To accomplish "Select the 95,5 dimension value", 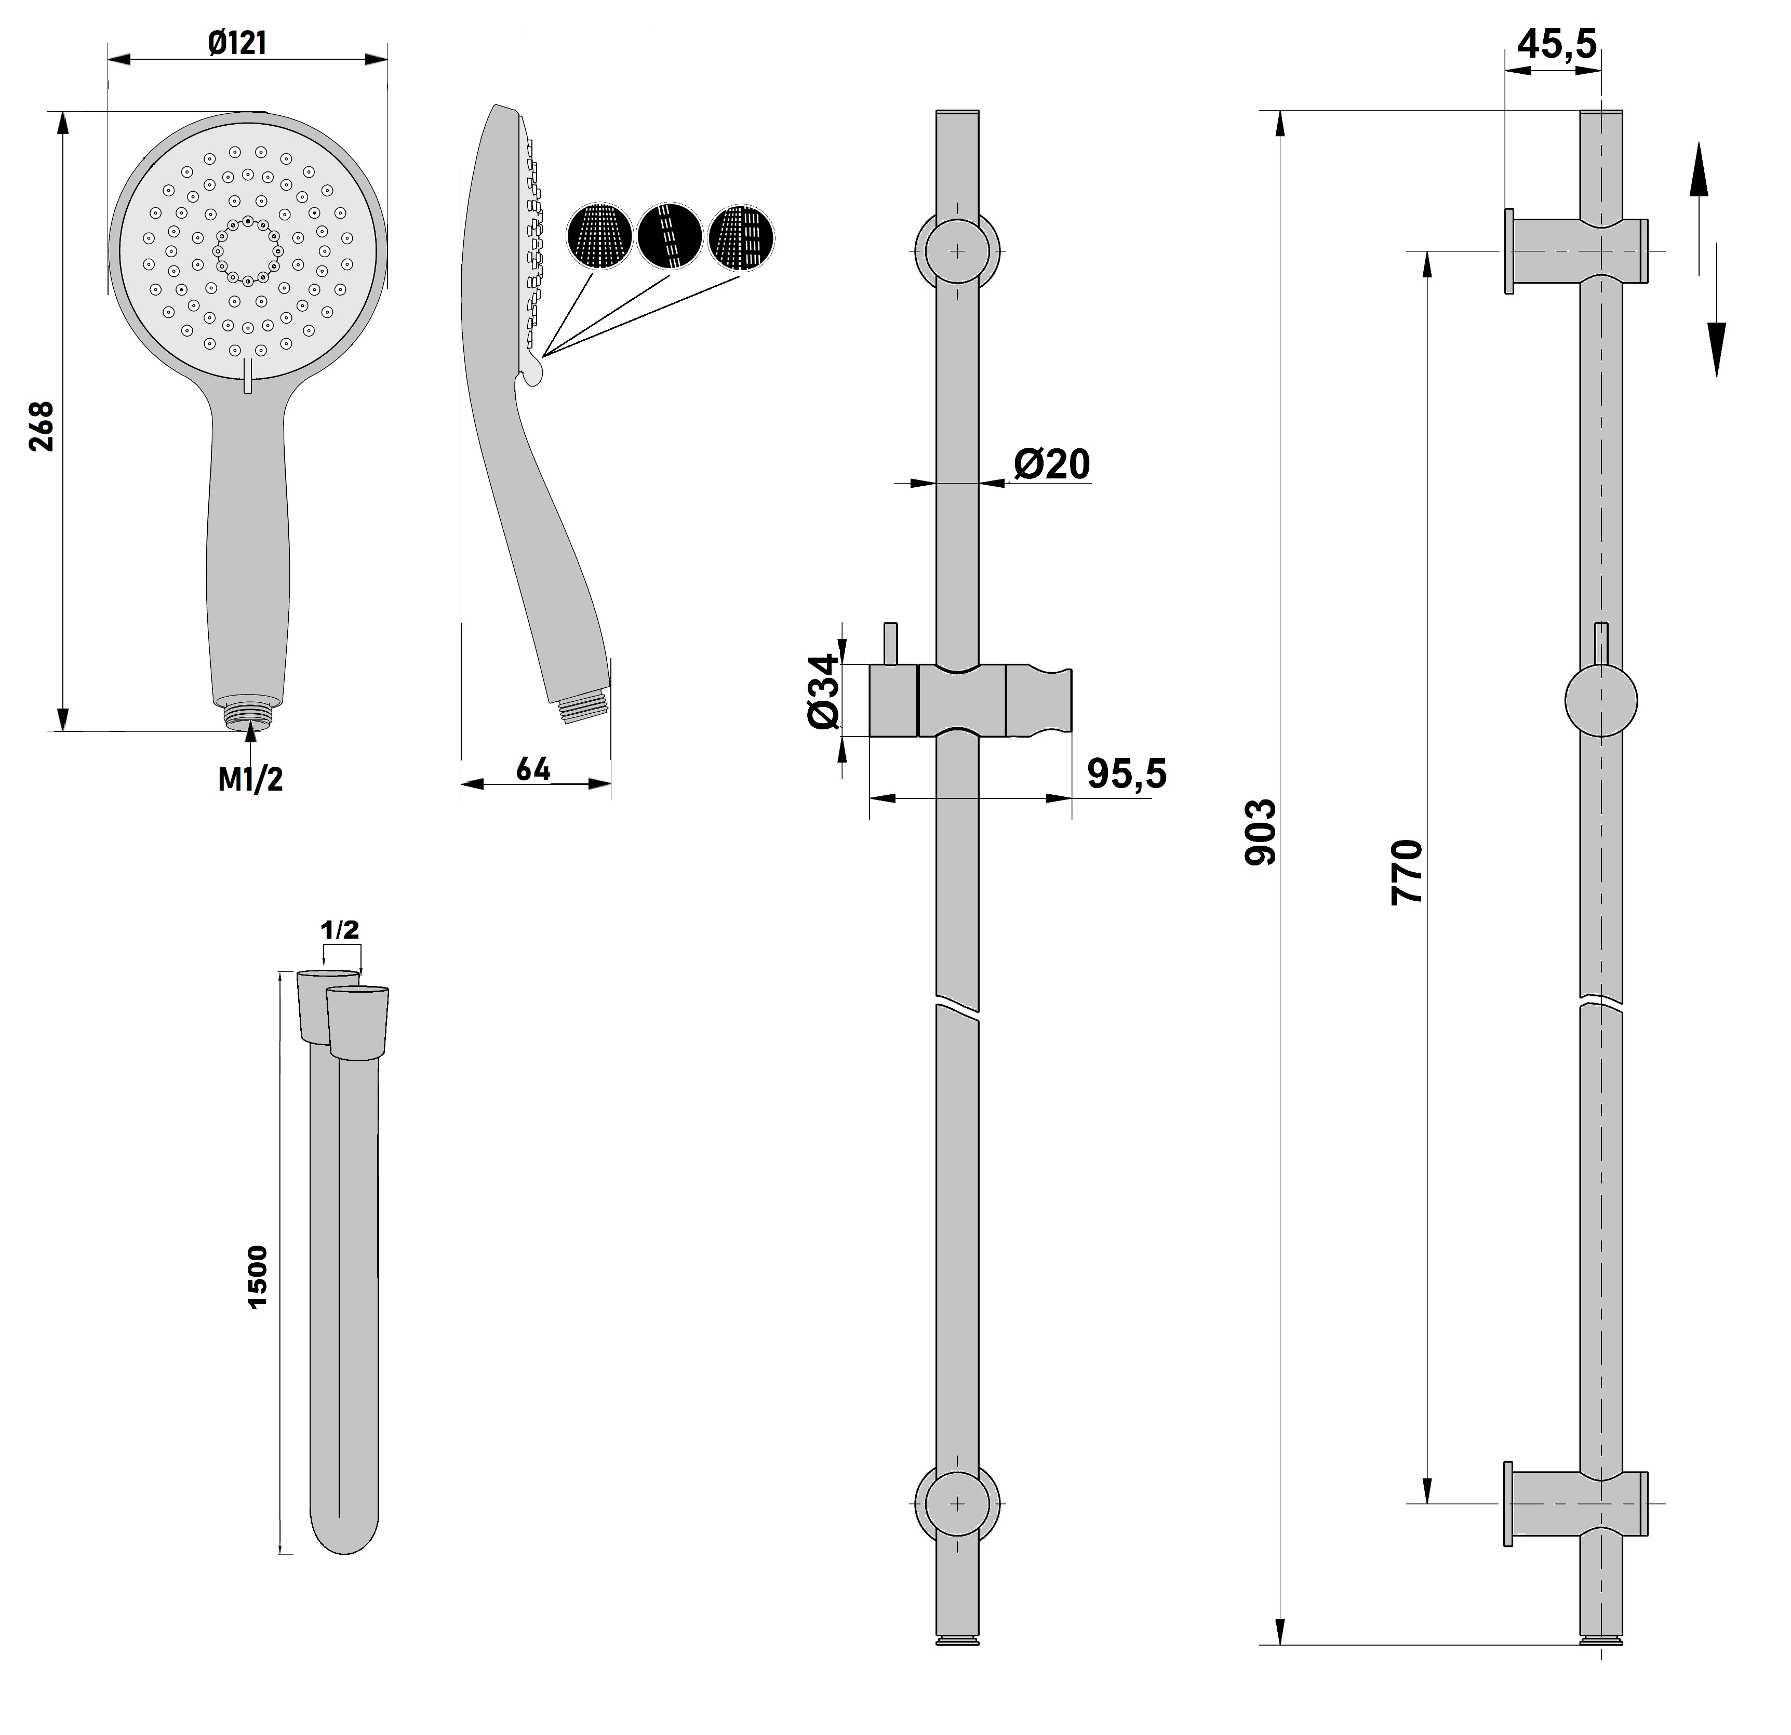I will (x=1127, y=774).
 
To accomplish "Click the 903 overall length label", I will (x=1261, y=832).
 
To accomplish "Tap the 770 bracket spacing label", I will (x=1407, y=873).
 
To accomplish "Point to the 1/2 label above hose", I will (x=340, y=930).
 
